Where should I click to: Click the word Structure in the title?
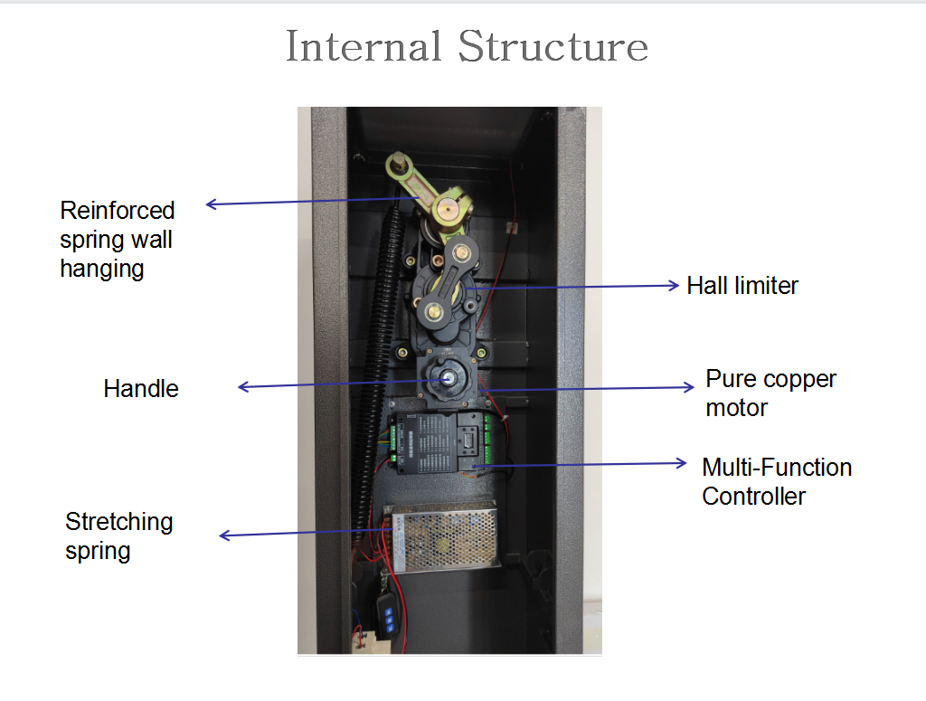click(553, 46)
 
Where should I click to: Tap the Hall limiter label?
click(742, 286)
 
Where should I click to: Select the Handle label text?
click(141, 389)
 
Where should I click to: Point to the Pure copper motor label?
click(771, 393)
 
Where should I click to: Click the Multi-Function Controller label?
click(777, 481)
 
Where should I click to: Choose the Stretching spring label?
click(118, 535)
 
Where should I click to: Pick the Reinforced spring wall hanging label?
click(118, 239)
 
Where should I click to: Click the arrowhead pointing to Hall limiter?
click(673, 285)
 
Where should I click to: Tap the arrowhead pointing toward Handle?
click(243, 388)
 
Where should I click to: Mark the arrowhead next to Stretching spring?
click(225, 535)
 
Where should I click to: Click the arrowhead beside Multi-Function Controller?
click(682, 463)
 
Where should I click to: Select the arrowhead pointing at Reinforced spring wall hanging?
click(212, 204)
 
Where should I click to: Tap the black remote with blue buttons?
click(390, 619)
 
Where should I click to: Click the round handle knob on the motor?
click(445, 378)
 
